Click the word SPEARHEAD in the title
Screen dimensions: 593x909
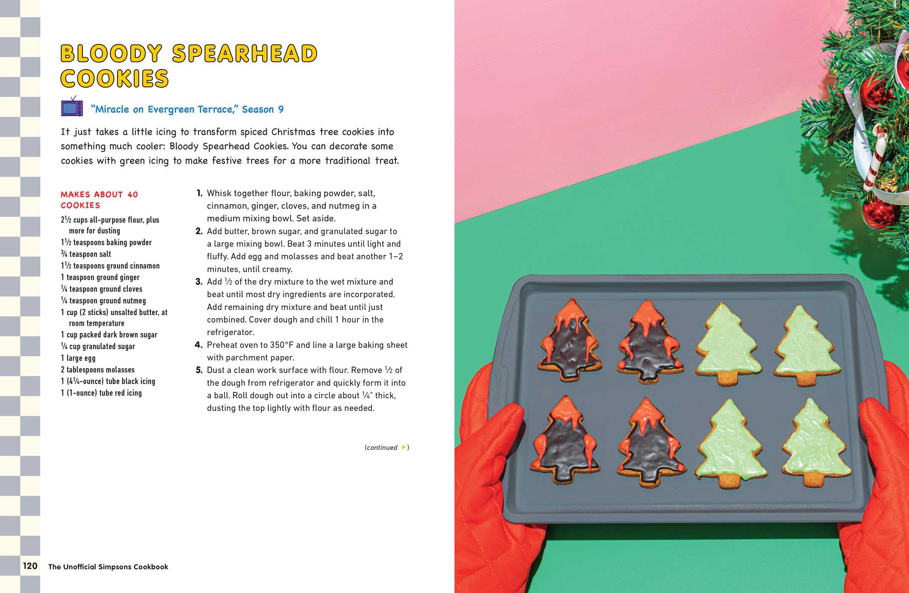(x=245, y=54)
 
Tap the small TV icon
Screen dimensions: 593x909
(x=72, y=107)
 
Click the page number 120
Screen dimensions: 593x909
(x=30, y=566)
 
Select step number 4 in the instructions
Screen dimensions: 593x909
(x=199, y=345)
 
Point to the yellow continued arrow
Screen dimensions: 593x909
(x=403, y=447)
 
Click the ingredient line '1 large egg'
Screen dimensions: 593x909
(x=78, y=358)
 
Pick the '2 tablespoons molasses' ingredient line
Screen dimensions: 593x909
(x=97, y=370)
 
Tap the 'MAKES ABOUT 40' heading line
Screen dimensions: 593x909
(x=99, y=194)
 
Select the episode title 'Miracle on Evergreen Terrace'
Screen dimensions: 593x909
(x=163, y=109)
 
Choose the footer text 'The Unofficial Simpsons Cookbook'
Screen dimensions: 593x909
(x=108, y=567)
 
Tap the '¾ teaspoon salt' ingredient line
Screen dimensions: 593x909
(x=86, y=254)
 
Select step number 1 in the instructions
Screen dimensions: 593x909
(x=199, y=193)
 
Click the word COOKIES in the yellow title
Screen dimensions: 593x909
(x=114, y=79)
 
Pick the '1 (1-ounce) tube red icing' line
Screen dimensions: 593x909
(x=101, y=393)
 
